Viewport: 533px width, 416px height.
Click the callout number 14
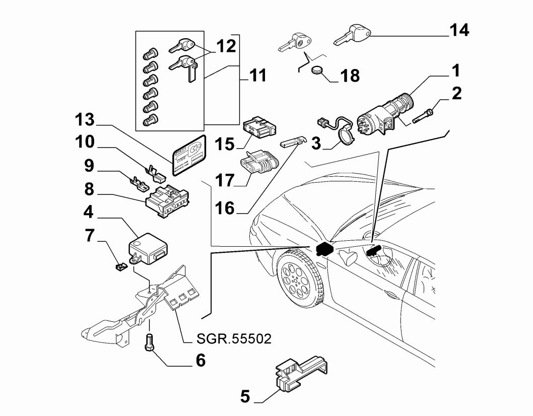pyautogui.click(x=458, y=30)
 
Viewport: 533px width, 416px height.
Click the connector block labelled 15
pyautogui.click(x=259, y=127)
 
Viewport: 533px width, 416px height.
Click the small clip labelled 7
pyautogui.click(x=120, y=265)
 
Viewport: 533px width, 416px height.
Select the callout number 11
pyautogui.click(x=257, y=77)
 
